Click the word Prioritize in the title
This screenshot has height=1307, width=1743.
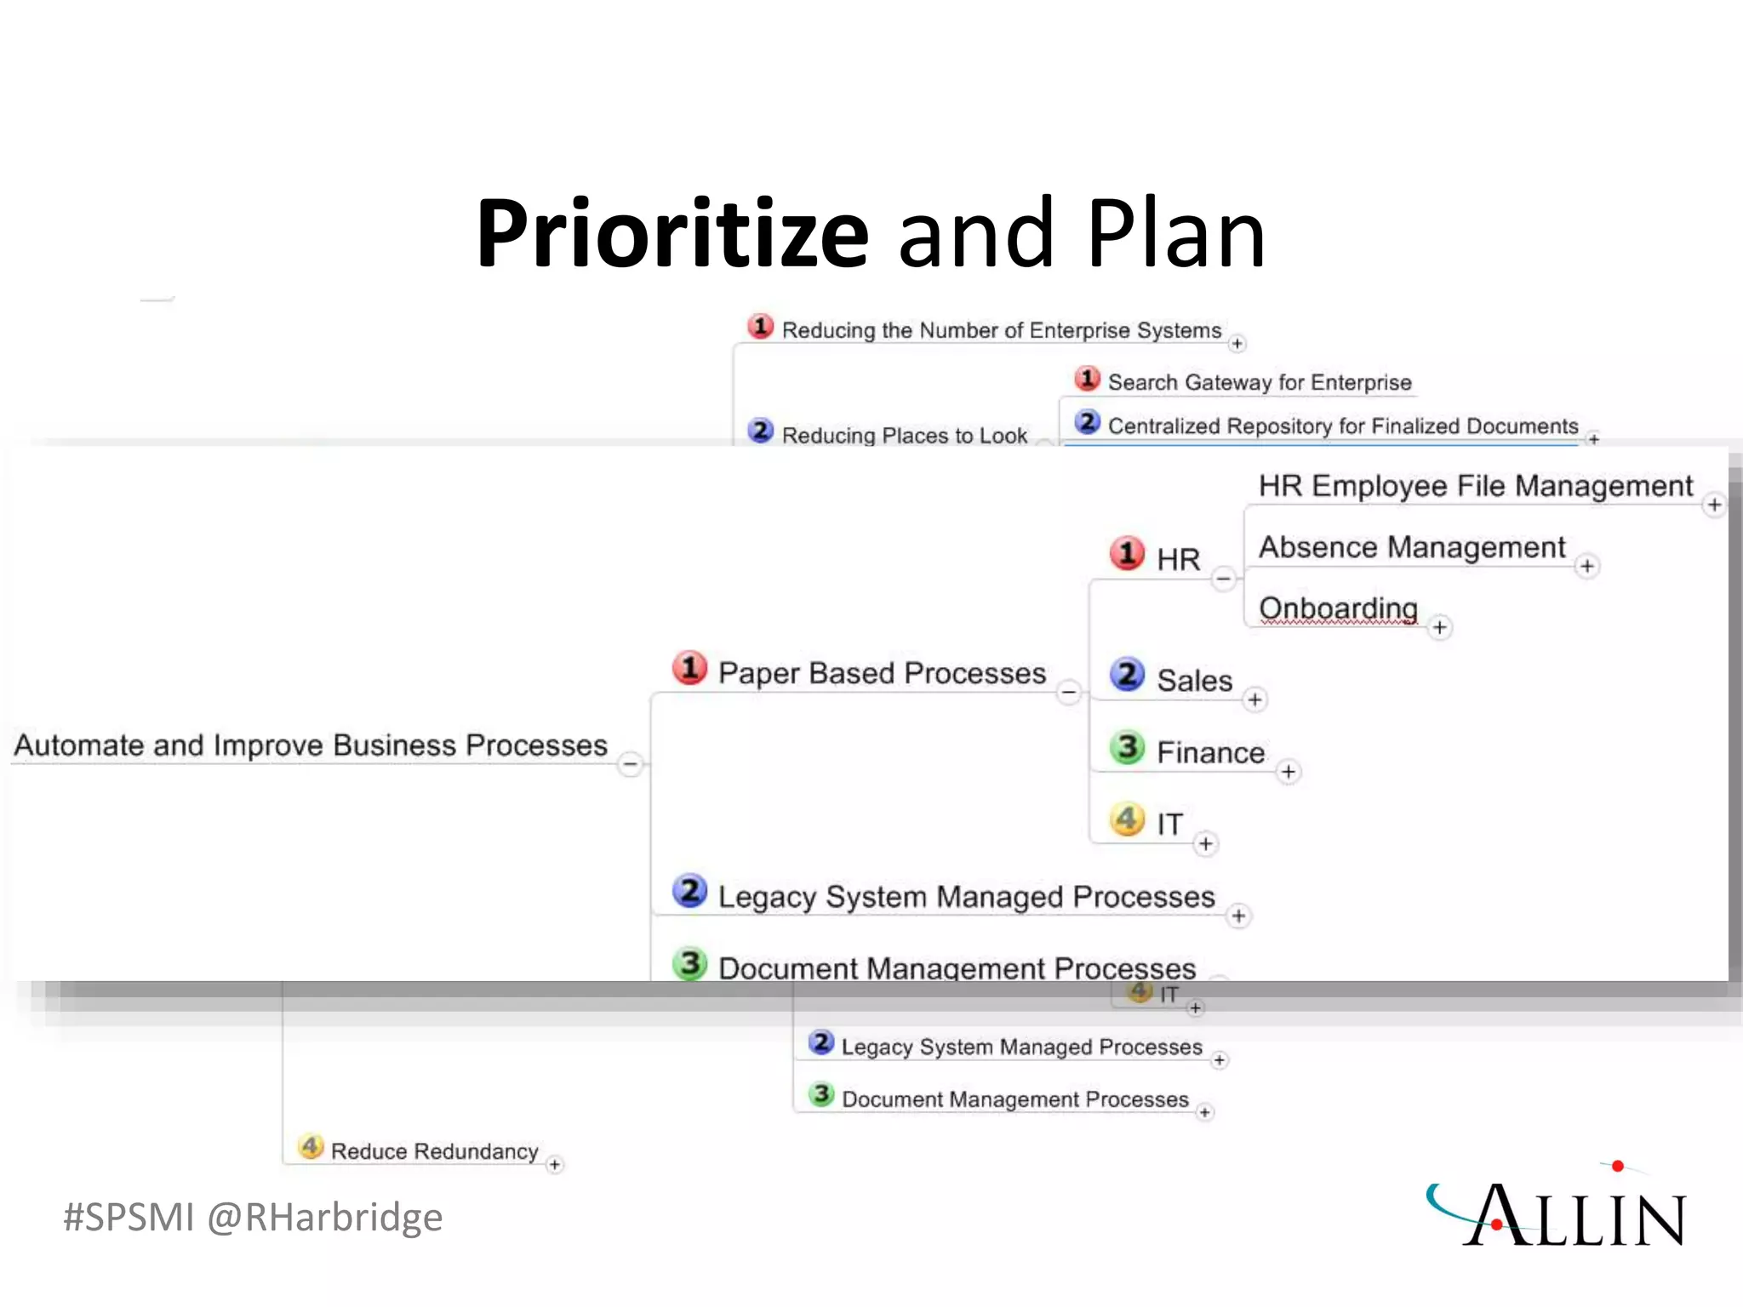[x=672, y=233]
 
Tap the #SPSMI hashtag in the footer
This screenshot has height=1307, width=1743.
[x=129, y=1217]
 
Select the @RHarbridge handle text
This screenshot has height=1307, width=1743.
[x=324, y=1217]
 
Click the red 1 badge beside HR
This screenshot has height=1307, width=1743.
[x=1128, y=554]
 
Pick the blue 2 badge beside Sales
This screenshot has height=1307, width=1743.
[x=1128, y=675]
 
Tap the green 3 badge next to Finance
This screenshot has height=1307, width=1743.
[x=1128, y=747]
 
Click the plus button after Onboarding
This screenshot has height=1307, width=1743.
[x=1439, y=628]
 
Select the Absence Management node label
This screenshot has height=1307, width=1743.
[x=1412, y=547]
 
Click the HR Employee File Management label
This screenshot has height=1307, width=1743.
[x=1476, y=486]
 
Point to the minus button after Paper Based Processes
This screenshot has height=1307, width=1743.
[x=1069, y=692]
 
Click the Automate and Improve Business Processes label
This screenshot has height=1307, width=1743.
[x=311, y=745]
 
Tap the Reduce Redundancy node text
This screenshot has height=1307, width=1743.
[x=434, y=1151]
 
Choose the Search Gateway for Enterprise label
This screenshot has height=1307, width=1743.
[x=1260, y=383]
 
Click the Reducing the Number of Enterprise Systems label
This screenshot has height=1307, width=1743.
[x=1002, y=330]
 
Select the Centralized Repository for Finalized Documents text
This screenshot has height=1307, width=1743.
[x=1343, y=426]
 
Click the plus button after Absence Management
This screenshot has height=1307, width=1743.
[x=1586, y=567]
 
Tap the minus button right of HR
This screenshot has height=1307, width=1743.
[x=1223, y=579]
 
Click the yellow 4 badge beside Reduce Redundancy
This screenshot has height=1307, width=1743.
[x=311, y=1147]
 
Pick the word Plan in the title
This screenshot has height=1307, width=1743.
[x=1176, y=233]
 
